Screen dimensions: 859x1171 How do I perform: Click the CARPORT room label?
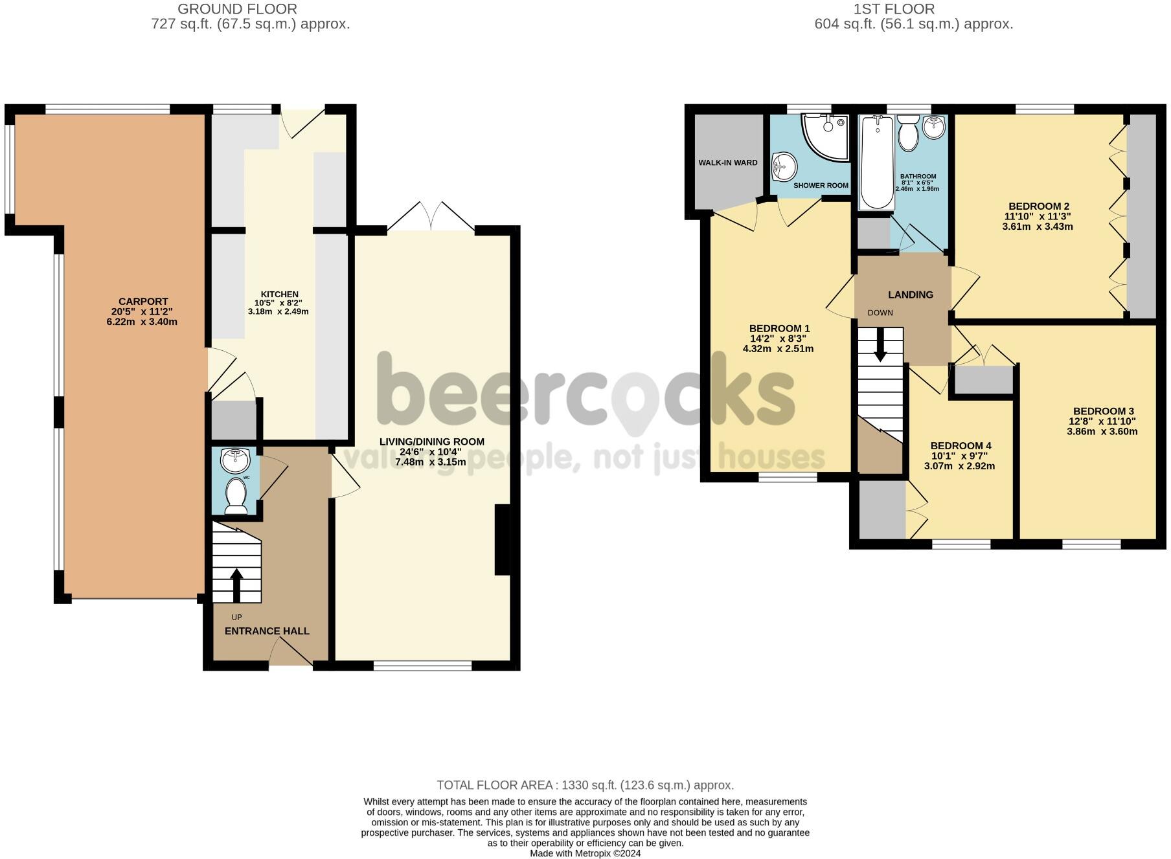142,301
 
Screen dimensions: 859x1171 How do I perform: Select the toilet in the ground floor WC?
235,496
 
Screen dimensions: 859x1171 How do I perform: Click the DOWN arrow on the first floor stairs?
880,344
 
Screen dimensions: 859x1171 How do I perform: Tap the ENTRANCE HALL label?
267,630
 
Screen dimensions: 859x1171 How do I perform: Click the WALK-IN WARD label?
727,162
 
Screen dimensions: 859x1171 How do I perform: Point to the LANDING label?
910,295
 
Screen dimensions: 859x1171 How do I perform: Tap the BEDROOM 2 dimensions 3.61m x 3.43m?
1037,227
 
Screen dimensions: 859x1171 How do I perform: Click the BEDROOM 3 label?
1103,411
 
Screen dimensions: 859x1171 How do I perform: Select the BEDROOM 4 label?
961,445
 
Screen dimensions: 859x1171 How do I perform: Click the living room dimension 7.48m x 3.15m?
431,462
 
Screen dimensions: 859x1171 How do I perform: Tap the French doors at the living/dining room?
431,217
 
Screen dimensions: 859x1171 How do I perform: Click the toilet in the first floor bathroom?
908,133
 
